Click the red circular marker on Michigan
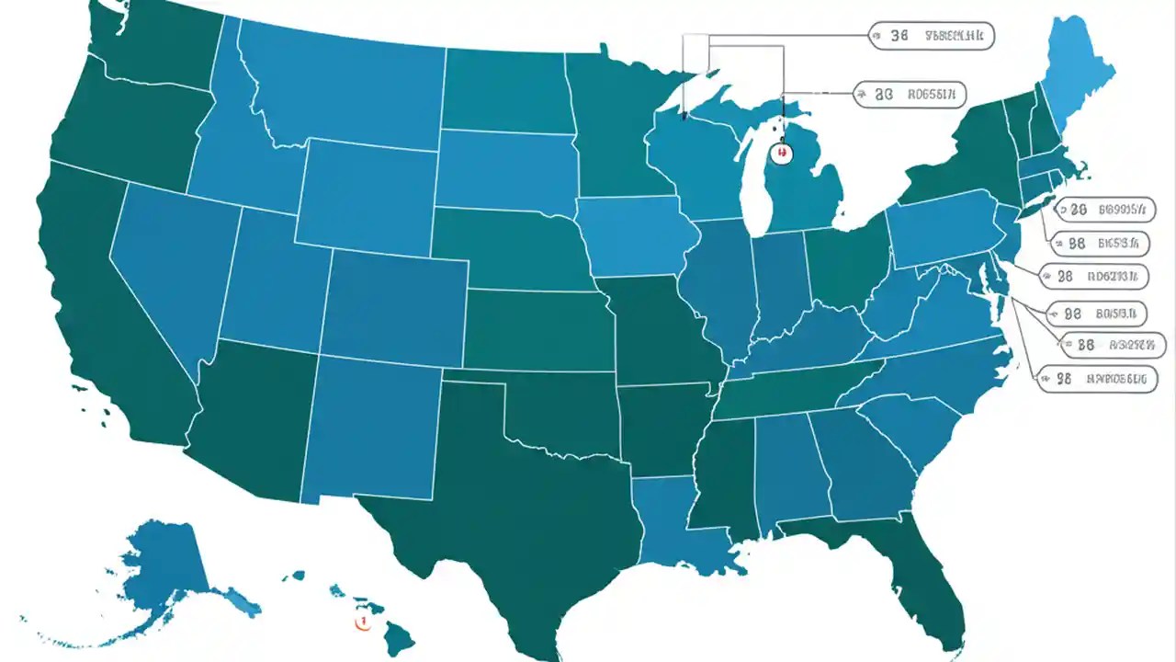tap(781, 153)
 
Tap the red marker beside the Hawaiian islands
tap(361, 622)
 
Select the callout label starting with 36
tap(930, 37)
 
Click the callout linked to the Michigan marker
tap(910, 93)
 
